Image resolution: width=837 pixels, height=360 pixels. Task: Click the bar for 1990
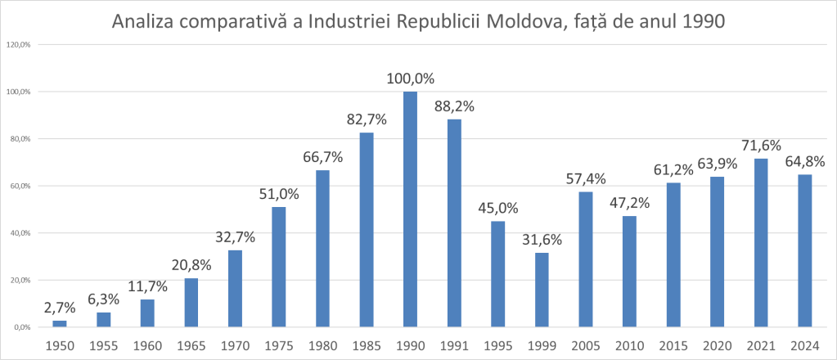[410, 209]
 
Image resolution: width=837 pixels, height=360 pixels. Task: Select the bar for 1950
[60, 323]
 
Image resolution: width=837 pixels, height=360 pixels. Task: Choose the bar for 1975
[279, 267]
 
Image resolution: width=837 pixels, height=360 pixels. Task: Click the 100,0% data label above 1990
[410, 79]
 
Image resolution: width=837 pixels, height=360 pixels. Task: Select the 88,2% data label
[454, 106]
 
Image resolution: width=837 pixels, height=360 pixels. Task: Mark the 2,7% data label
[59, 308]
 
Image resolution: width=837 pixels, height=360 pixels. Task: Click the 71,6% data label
[760, 146]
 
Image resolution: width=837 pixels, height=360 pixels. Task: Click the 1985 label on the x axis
[367, 344]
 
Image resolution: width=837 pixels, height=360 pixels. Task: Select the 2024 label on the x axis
[803, 344]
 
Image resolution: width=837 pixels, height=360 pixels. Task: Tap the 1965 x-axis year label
[191, 344]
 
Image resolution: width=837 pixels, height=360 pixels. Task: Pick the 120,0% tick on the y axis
[19, 44]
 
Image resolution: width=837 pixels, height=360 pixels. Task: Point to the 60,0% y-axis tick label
[19, 186]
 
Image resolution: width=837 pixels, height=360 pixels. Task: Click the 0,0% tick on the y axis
[20, 327]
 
